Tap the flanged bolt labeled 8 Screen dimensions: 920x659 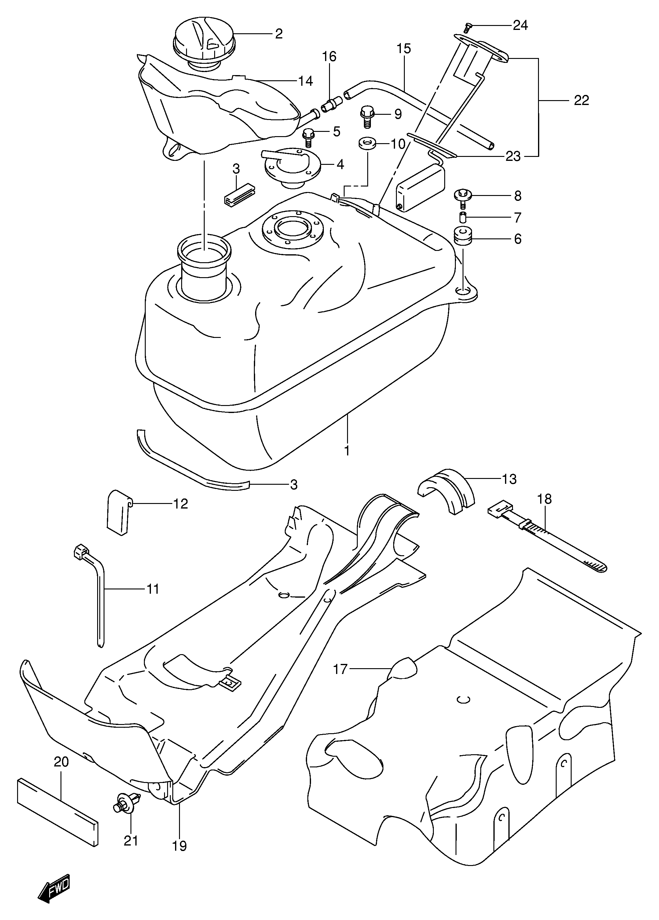462,198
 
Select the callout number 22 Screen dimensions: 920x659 581,100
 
